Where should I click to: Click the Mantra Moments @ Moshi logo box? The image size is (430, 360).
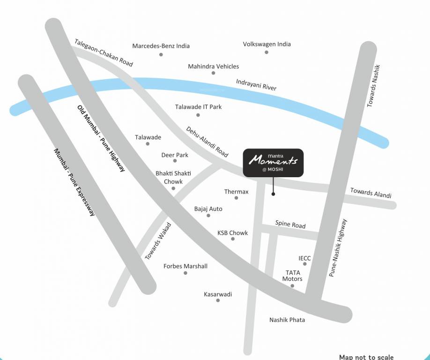273,163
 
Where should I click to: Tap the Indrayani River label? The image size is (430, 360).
256,85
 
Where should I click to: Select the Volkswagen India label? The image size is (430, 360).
267,44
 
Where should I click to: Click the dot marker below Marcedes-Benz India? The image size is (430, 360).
161,54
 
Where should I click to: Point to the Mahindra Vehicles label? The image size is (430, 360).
213,67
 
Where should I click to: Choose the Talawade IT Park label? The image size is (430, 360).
198,107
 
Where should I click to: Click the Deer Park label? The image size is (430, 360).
175,155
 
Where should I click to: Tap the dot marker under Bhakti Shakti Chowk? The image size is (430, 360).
173,188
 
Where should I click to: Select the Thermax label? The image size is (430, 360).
236,192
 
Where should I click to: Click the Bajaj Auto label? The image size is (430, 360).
208,209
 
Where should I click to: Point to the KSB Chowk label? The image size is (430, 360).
232,233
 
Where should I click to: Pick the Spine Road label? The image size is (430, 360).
290,225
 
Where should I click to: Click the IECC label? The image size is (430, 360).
304,258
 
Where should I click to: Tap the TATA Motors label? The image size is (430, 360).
292,276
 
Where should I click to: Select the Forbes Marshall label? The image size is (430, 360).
185,266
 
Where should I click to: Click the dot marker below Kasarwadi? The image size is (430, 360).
218,300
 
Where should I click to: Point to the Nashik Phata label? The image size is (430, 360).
287,320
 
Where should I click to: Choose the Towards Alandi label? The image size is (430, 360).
371,193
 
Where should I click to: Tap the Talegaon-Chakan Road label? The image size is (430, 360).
103,52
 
